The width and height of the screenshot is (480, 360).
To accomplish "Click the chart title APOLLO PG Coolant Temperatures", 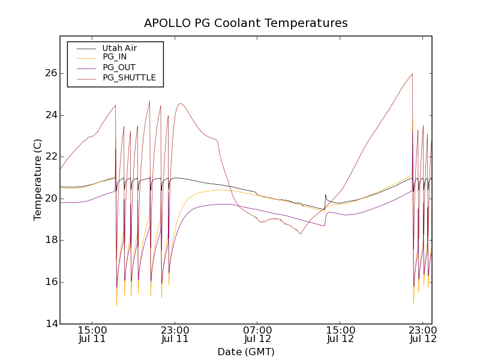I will pos(246,23).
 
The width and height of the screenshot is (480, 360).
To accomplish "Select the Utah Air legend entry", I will pos(119,48).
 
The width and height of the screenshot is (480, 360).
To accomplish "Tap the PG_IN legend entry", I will pos(115,57).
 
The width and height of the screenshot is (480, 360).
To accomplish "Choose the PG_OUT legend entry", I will pos(119,67).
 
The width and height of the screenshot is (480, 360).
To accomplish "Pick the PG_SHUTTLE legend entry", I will pos(129,77).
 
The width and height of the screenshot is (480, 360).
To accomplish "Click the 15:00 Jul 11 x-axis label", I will pos(92,335).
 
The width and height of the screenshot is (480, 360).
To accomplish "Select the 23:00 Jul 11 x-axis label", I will pos(175,335).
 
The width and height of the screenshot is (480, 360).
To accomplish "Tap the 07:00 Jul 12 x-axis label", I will pos(257,335).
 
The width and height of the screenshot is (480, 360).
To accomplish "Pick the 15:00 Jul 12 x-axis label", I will pos(340,335).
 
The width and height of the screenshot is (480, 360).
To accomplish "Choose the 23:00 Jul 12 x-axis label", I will pos(423,335).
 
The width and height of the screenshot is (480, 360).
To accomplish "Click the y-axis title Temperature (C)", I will pos(38,180).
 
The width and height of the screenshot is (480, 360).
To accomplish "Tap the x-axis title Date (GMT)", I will pos(246,352).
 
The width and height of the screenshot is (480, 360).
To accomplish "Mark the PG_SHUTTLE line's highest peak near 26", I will pos(412,74).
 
